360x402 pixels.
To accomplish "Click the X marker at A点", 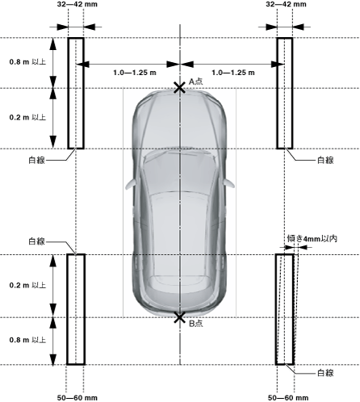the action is point(179,88).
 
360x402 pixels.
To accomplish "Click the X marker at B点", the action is point(179,317).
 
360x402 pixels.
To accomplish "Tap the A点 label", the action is point(195,82).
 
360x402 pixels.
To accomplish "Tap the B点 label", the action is point(195,323).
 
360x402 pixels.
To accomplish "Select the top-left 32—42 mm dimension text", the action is point(77,4).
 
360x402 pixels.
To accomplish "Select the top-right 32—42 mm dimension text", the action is point(286,4).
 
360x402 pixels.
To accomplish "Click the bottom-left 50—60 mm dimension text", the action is point(77,397).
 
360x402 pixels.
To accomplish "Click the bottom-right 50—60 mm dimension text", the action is point(288,397).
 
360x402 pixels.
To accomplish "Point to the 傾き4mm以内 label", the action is point(312,239).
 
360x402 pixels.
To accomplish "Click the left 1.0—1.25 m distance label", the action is point(135,73).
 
